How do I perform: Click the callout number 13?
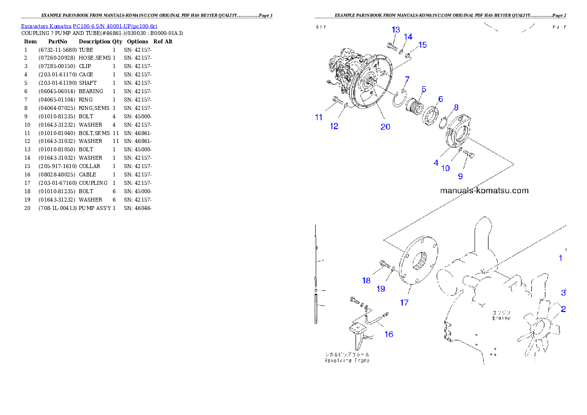coord(396,30)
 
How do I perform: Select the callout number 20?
coord(385,127)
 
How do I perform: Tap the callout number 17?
coord(404,303)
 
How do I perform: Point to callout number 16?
coord(389,334)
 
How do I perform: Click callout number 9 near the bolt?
coord(460,175)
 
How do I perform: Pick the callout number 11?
coord(319,117)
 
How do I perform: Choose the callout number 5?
coord(423,89)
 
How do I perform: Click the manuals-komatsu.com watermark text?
coord(483,190)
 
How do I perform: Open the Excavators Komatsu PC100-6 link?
coord(89,26)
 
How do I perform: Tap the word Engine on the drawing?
coord(501,318)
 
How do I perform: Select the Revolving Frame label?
coord(347,360)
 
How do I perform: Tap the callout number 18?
coord(366,280)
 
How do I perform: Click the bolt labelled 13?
coord(392,47)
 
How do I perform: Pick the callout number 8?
coord(456,107)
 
